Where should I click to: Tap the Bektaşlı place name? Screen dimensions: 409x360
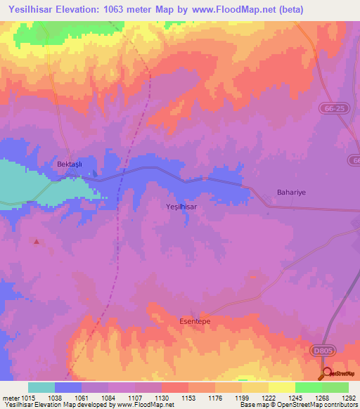tap(70, 164)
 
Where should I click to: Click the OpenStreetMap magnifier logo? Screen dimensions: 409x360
tap(326, 373)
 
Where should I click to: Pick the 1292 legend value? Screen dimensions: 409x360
tap(349, 398)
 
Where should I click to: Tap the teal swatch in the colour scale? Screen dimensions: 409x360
tap(41, 387)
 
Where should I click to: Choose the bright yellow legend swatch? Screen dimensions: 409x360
tap(281, 387)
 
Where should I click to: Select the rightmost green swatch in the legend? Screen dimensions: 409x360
tap(335, 387)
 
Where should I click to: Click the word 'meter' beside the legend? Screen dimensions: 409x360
tap(11, 398)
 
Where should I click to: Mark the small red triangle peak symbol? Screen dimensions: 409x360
tap(37, 242)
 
